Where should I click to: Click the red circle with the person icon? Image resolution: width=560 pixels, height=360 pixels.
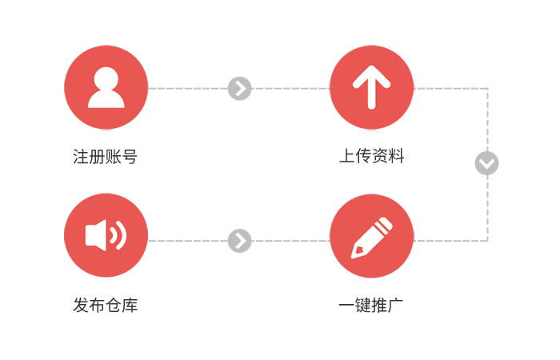coord(106,87)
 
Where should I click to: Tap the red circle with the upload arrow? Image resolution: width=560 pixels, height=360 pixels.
coord(371,87)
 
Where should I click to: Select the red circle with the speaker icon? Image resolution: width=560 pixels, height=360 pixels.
coord(106,235)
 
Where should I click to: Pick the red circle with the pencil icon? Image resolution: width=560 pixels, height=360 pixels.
coord(371,236)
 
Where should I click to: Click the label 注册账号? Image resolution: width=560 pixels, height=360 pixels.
coord(106,157)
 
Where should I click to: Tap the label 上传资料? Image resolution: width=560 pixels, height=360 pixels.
coord(371,156)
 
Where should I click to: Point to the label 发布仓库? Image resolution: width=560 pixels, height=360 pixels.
coord(106,306)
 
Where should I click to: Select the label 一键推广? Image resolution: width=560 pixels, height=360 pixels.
coord(371,306)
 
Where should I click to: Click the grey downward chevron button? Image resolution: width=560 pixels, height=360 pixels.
coord(486,163)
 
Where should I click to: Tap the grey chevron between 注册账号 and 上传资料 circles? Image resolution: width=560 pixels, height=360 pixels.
coord(240,88)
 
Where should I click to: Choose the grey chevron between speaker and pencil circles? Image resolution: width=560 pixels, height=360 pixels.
coord(240,241)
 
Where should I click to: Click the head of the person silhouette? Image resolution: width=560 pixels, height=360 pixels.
coord(106,78)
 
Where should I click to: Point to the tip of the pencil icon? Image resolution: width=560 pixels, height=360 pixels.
coord(353,257)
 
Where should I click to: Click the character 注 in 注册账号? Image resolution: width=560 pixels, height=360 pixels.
coord(81,157)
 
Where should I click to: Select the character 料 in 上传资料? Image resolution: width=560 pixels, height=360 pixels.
coord(397,156)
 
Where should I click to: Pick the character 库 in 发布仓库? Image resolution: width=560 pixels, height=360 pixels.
coord(130,306)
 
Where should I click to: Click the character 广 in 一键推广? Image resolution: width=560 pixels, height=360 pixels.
coord(396,306)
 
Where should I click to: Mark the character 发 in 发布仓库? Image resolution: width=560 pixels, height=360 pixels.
coord(81,306)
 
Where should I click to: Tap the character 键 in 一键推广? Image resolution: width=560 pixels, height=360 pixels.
coord(363,306)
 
